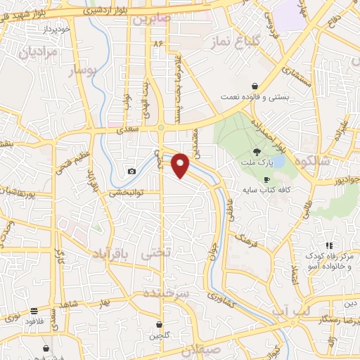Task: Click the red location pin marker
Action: coord(181,165)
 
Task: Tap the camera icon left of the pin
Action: coord(131,171)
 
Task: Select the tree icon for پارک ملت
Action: coord(257,152)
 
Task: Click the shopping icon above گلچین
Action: coord(161,325)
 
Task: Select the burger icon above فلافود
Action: coord(34,311)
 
